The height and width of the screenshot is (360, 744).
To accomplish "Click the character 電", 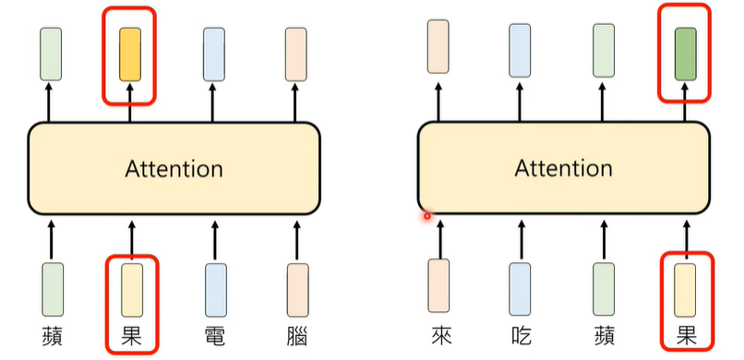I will [214, 334].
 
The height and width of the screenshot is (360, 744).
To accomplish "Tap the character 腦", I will [296, 334].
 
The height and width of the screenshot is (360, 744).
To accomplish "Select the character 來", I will [438, 334].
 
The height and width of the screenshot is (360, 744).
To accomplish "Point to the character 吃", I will [520, 334].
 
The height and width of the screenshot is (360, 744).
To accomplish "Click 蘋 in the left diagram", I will [52, 334].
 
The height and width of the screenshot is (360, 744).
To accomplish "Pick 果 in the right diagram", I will [685, 334].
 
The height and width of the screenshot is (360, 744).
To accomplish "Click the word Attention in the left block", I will [174, 169].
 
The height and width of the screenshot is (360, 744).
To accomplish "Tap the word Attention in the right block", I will [563, 169].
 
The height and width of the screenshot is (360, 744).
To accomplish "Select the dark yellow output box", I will [130, 52].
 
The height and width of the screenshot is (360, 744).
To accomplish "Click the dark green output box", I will [685, 52].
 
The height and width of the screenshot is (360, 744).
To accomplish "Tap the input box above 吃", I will [520, 287].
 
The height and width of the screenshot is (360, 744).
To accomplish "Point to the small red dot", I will [427, 217].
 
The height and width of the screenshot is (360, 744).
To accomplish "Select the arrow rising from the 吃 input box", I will [520, 237].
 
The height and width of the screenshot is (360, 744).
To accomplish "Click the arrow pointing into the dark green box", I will [685, 103].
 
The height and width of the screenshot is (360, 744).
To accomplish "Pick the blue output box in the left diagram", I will [214, 52].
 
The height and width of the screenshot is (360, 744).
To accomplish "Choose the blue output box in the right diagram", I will [520, 49].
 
